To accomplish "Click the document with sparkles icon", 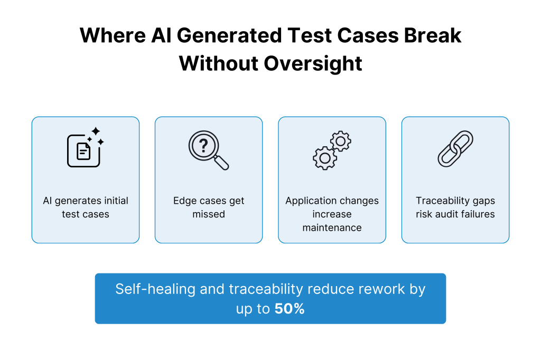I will (83, 150).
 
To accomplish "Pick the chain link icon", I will (455, 149).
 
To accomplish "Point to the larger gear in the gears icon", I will (324, 157).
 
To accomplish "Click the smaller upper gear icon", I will (341, 141).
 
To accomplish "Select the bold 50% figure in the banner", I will (290, 309).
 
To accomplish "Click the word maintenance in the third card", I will (332, 228).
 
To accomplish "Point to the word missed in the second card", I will (209, 214).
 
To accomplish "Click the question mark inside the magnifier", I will (201, 144).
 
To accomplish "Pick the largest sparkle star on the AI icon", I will (95, 131).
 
